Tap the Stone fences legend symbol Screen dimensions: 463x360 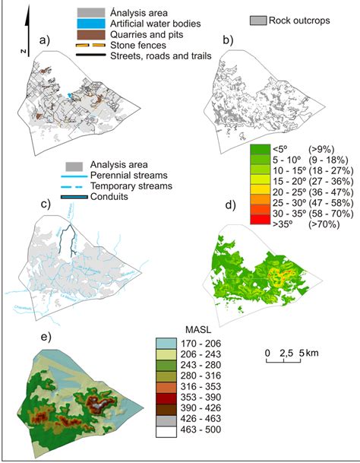pyautogui.click(x=92, y=46)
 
